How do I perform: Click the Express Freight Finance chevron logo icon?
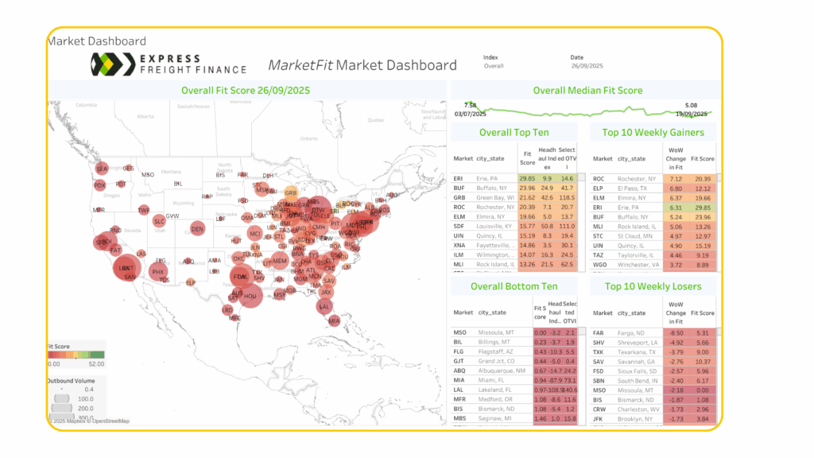(110, 64)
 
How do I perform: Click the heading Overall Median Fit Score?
(587, 91)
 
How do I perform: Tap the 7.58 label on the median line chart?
(470, 105)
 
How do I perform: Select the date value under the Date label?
(587, 66)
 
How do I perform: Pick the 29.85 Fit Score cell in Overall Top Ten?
(527, 179)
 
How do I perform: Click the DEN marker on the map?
(197, 229)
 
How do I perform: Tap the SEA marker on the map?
(102, 169)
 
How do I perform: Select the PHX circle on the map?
(157, 272)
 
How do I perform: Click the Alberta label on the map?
(145, 116)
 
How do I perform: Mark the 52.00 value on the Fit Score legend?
(95, 363)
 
